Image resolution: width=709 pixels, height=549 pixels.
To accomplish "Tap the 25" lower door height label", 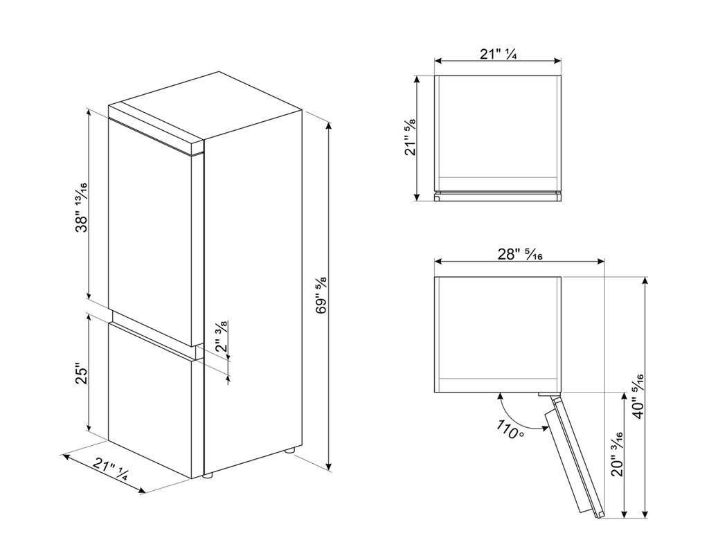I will [81, 375].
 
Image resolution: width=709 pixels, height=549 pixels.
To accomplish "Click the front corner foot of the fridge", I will [207, 476].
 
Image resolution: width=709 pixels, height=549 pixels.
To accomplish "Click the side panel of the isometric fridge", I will [253, 291].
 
